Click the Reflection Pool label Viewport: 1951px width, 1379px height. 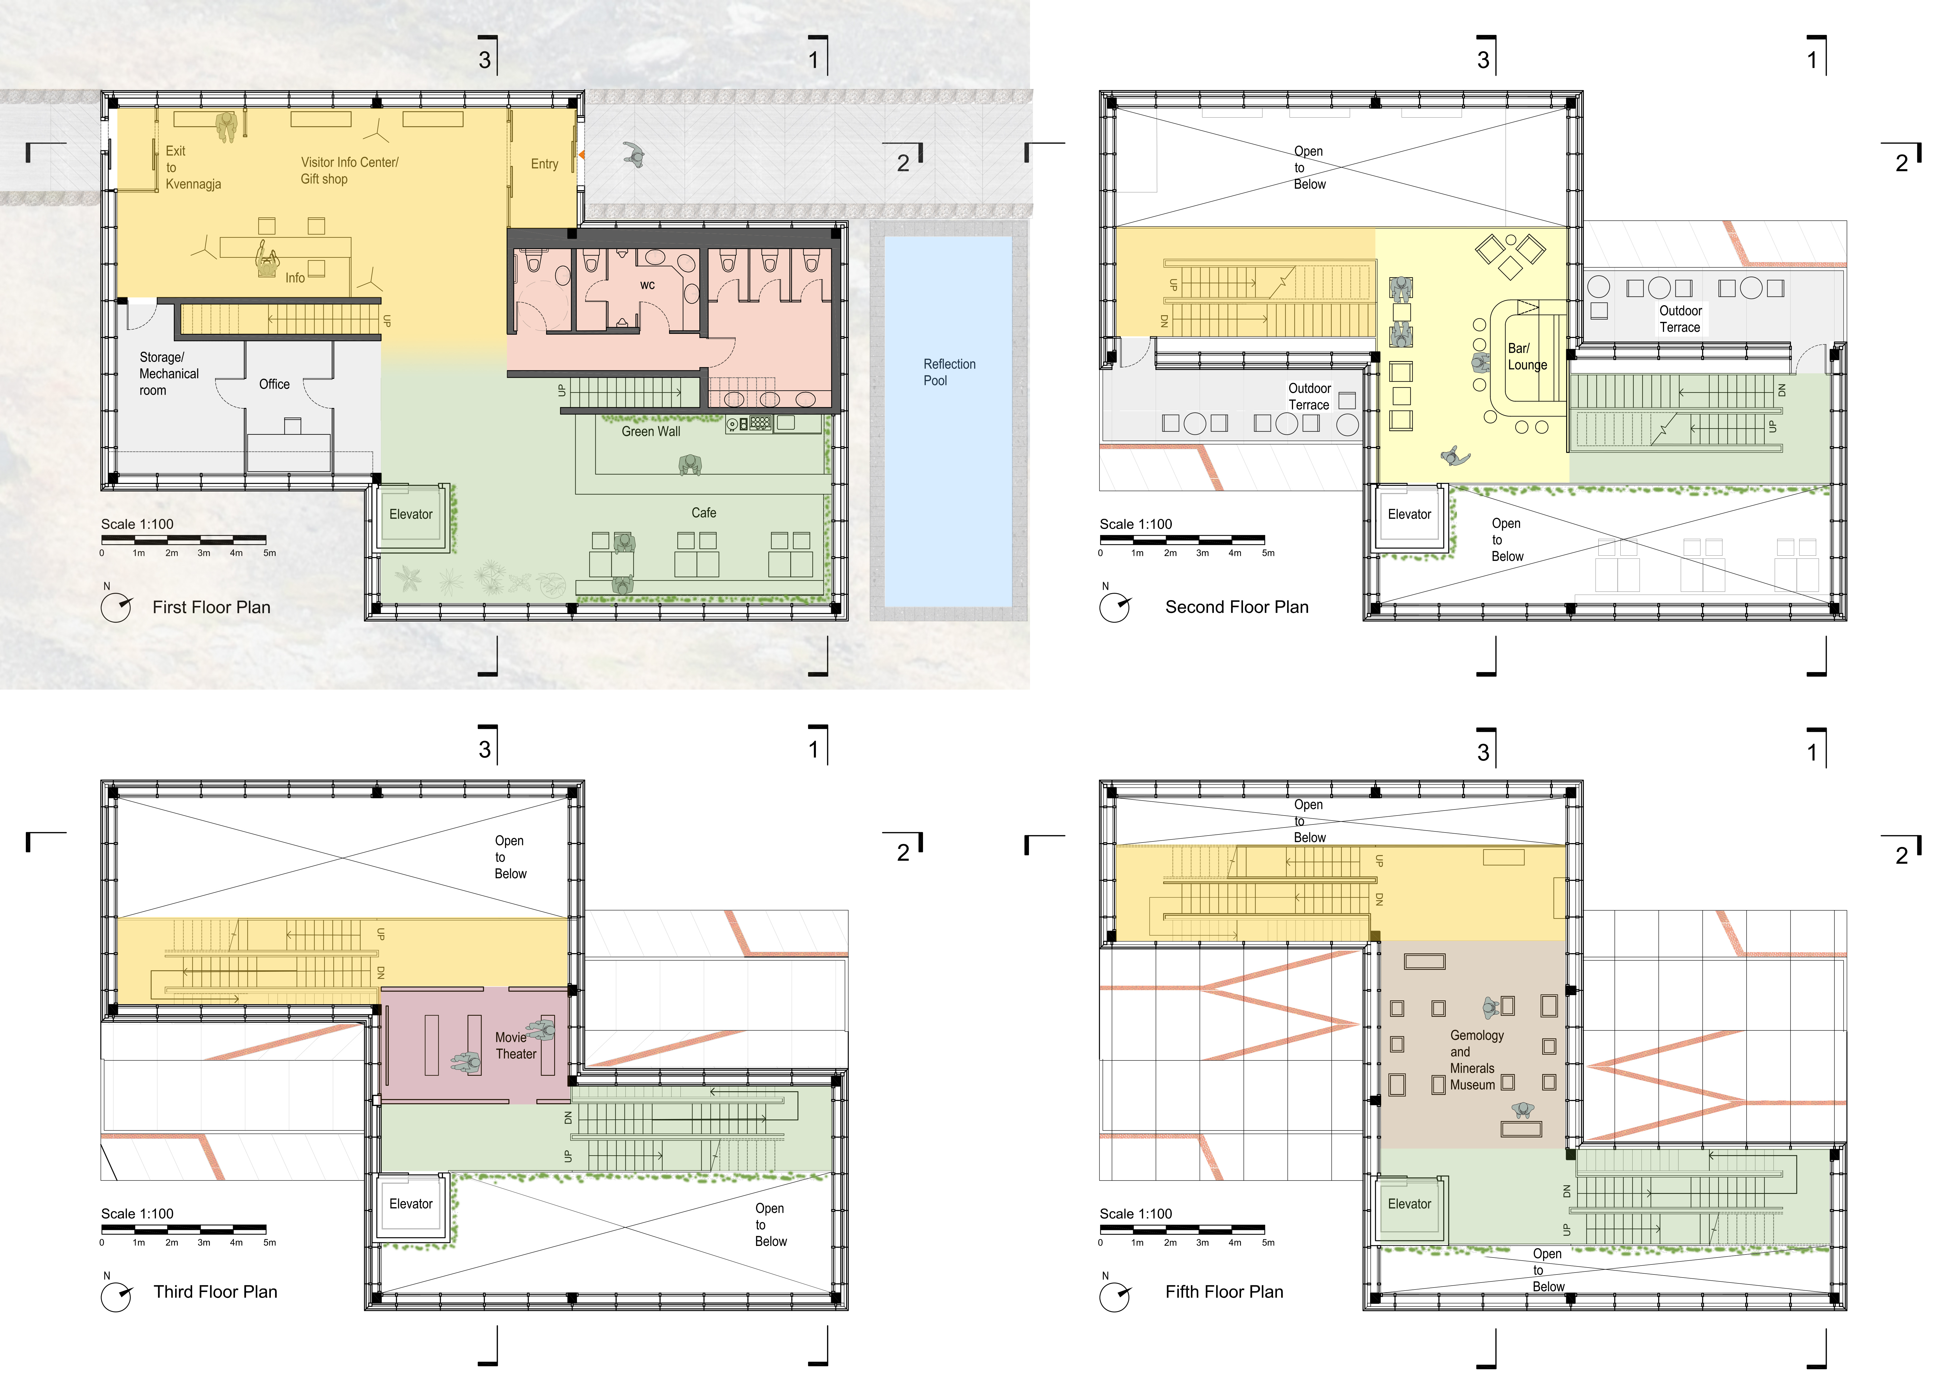949,372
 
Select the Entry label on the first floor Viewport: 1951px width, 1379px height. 545,164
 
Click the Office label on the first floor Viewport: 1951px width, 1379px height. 274,384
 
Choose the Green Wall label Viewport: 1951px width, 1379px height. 651,432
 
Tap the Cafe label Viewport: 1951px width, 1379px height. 704,513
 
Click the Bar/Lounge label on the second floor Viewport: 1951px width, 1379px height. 1527,357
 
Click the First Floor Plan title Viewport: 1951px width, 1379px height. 212,608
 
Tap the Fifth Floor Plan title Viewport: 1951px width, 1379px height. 1224,1292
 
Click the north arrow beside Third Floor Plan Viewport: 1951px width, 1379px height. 117,1296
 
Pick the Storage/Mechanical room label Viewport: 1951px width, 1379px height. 169,374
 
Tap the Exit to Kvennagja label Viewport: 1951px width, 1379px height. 193,167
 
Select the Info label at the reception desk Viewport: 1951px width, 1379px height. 295,278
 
